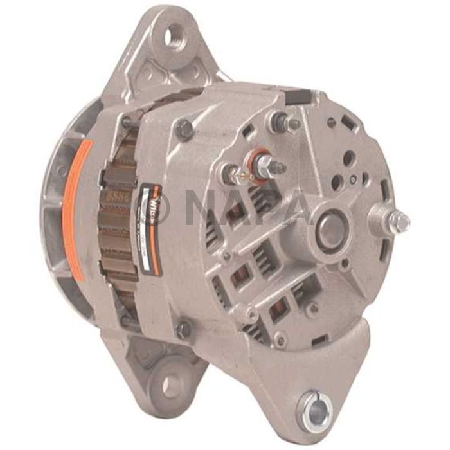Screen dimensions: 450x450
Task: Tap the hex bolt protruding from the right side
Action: coord(399,222)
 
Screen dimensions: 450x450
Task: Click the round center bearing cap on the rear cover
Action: coord(332,229)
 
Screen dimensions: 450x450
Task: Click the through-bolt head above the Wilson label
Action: coord(185,130)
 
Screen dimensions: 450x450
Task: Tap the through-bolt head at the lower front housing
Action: coord(184,329)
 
